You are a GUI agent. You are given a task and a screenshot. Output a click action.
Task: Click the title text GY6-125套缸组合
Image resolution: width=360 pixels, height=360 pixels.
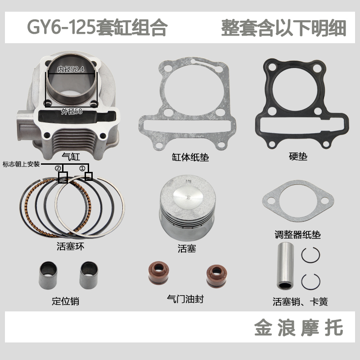click(x=97, y=28)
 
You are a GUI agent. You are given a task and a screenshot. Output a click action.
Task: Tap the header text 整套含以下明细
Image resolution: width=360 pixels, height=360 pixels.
click(x=283, y=28)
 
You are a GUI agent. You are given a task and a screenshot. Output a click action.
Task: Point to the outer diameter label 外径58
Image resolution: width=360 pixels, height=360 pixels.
click(x=72, y=111)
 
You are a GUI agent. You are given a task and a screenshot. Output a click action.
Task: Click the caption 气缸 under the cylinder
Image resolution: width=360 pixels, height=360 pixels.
click(x=71, y=157)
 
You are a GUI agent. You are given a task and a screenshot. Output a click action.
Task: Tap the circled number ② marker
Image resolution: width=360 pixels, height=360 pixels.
click(x=58, y=168)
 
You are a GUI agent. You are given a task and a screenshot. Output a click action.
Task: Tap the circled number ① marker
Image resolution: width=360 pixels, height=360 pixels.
click(x=82, y=168)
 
